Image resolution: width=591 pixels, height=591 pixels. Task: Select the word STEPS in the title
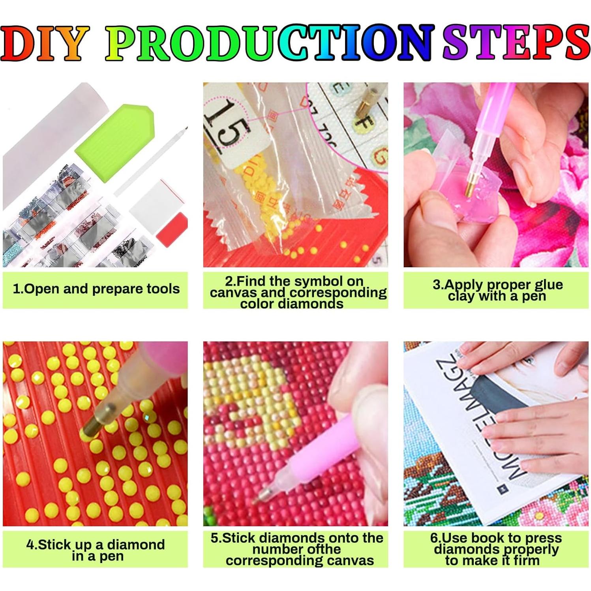(x=515, y=43)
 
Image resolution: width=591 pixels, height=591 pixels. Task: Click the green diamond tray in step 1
(x=114, y=143)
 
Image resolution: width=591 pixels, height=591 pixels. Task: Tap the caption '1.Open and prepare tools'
(x=96, y=289)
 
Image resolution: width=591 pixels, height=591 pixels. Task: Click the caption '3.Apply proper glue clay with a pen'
(x=497, y=290)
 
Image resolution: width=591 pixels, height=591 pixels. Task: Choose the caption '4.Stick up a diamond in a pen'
(x=96, y=550)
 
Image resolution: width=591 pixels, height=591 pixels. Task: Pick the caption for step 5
(x=296, y=549)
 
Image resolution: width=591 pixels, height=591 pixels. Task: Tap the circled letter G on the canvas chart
(x=380, y=156)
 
